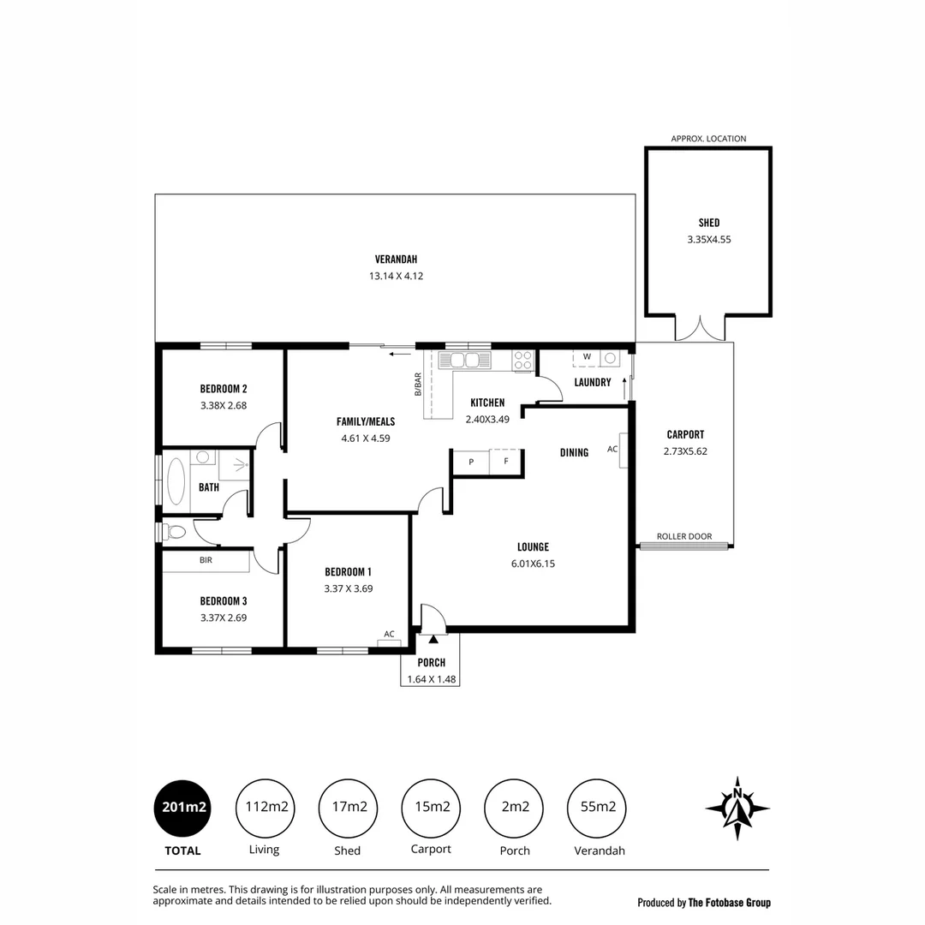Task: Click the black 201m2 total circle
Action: pos(182,806)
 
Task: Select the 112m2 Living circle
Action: pos(264,806)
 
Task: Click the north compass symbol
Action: pos(737,808)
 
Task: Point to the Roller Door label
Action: pos(683,537)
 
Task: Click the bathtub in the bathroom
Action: pos(175,481)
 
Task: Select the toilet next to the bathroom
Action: pos(176,532)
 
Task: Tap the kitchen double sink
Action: pos(464,360)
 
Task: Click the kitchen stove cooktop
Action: pos(523,360)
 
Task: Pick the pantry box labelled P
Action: pos(470,462)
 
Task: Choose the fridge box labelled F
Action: pos(505,462)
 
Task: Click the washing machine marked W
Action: pos(587,357)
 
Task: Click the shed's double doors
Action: pos(700,328)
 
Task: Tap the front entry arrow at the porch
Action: pos(433,638)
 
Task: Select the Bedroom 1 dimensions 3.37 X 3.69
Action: pos(348,588)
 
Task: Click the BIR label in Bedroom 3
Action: pos(206,560)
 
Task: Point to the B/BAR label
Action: pos(418,384)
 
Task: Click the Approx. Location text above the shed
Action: pos(708,139)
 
